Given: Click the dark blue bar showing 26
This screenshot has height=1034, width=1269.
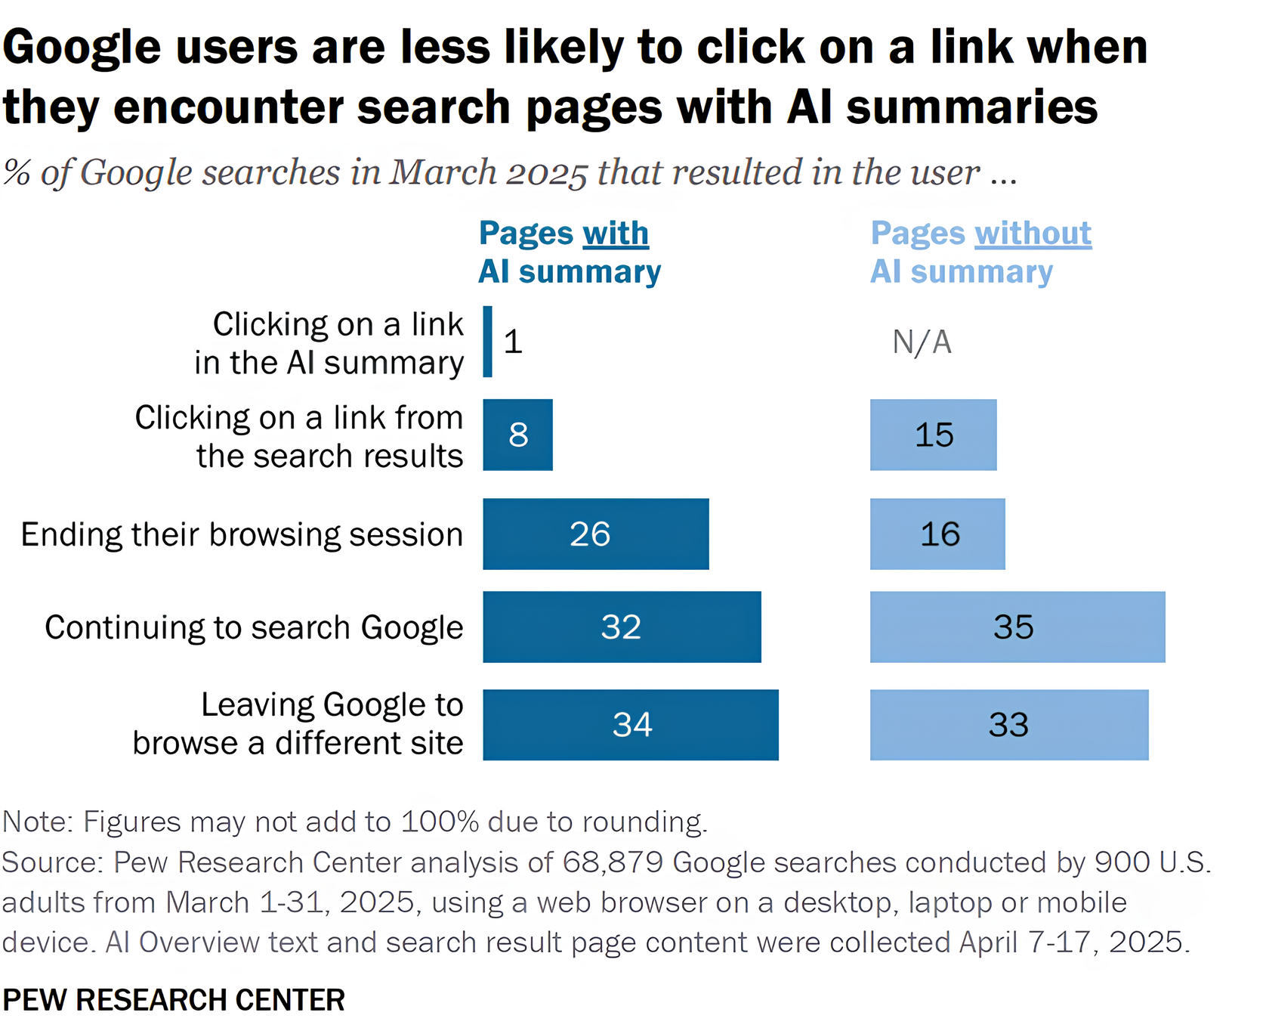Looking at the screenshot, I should [x=595, y=534].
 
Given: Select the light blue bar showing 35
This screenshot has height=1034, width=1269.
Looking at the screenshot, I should [x=1017, y=627].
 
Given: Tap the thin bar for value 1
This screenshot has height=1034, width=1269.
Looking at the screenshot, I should [x=488, y=342].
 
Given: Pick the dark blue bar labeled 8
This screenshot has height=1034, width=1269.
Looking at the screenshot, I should [x=517, y=435].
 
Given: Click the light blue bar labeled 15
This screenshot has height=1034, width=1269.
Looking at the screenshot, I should [x=933, y=435].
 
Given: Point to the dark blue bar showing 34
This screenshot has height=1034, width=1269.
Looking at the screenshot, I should [x=630, y=724].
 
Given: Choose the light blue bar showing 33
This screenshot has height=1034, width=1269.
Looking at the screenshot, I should [x=1008, y=724].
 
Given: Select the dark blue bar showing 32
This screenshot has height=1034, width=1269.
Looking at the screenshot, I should [x=621, y=627].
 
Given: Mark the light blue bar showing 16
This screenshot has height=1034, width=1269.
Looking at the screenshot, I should [x=937, y=534].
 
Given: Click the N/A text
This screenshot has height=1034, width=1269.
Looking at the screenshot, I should [x=922, y=342].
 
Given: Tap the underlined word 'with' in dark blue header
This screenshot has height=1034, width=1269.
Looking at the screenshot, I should [x=616, y=234].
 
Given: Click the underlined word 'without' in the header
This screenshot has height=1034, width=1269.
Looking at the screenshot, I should [x=1033, y=234].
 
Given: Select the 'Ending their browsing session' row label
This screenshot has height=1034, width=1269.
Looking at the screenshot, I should [x=242, y=534].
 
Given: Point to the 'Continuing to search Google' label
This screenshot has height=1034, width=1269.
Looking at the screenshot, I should [x=254, y=627].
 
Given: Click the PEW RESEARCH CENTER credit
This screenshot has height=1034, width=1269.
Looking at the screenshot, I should [x=174, y=1000].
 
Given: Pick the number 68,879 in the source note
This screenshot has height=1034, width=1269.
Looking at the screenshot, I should [x=613, y=862].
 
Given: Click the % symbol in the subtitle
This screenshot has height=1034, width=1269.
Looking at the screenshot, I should [x=17, y=173].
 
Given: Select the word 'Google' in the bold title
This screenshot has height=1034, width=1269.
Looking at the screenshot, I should [x=82, y=47].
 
